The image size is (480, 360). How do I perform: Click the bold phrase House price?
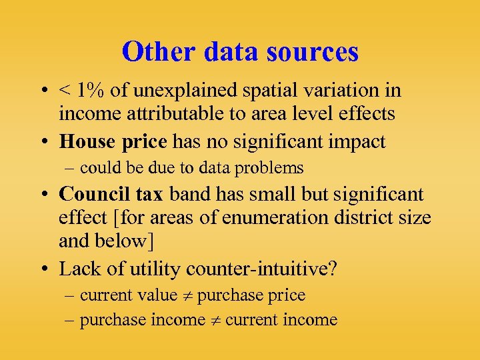(113, 141)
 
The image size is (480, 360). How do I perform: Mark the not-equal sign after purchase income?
(215, 321)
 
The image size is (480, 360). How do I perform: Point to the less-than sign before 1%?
(66, 91)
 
